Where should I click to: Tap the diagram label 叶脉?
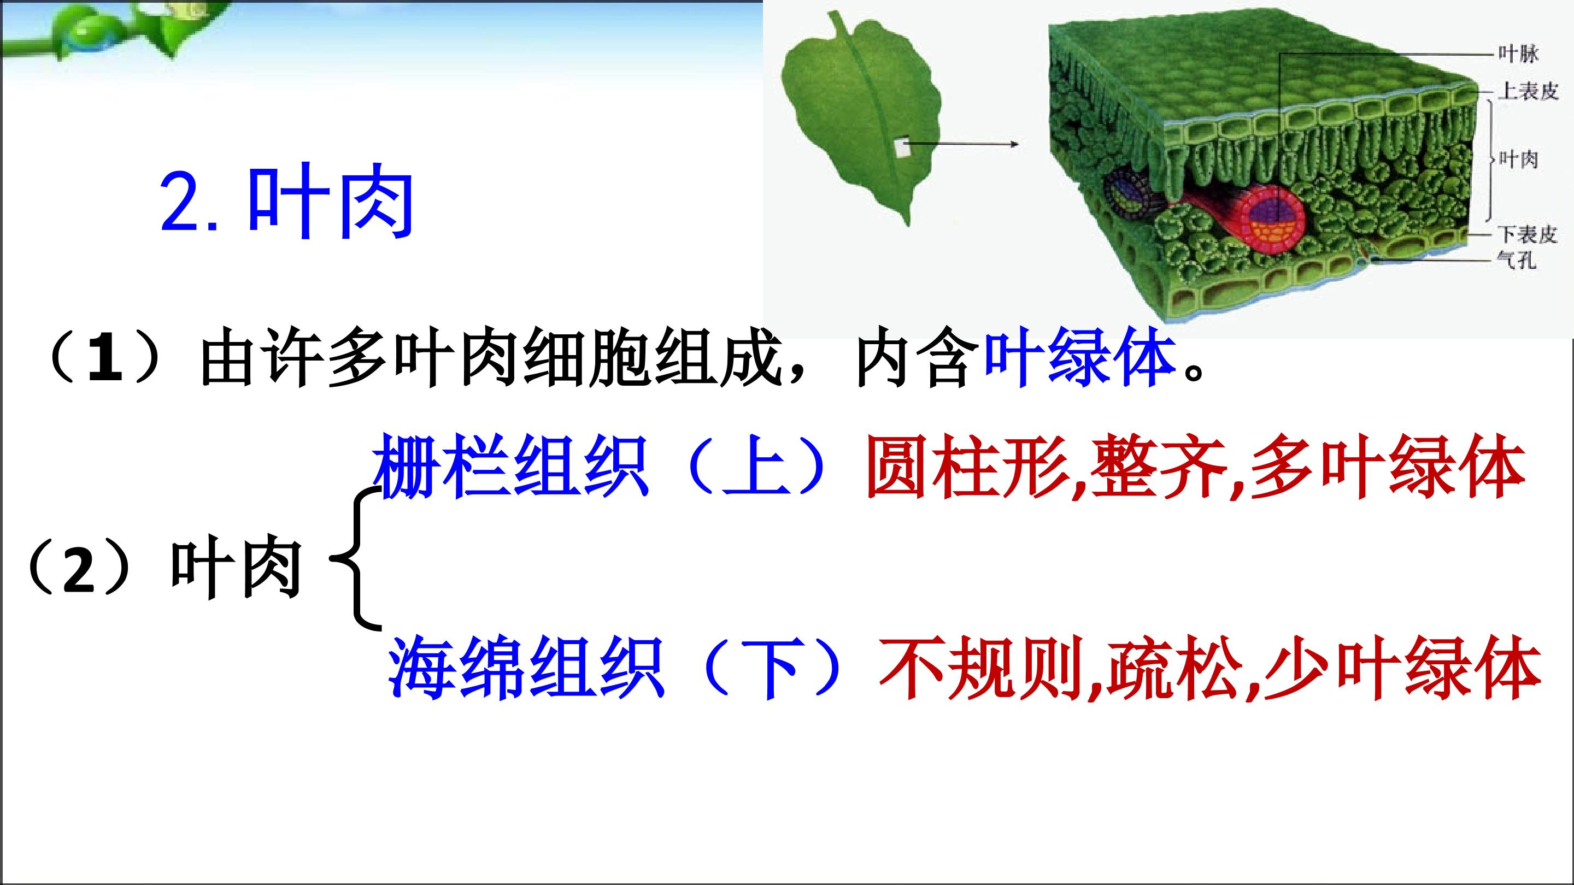pyautogui.click(x=1517, y=54)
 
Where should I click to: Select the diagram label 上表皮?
pyautogui.click(x=1528, y=91)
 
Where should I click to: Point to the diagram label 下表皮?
pyautogui.click(x=1527, y=234)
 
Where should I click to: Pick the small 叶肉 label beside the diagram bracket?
pyautogui.click(x=1518, y=160)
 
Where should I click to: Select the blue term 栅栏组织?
pyautogui.click(x=510, y=466)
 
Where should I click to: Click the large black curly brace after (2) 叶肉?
pyautogui.click(x=357, y=558)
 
